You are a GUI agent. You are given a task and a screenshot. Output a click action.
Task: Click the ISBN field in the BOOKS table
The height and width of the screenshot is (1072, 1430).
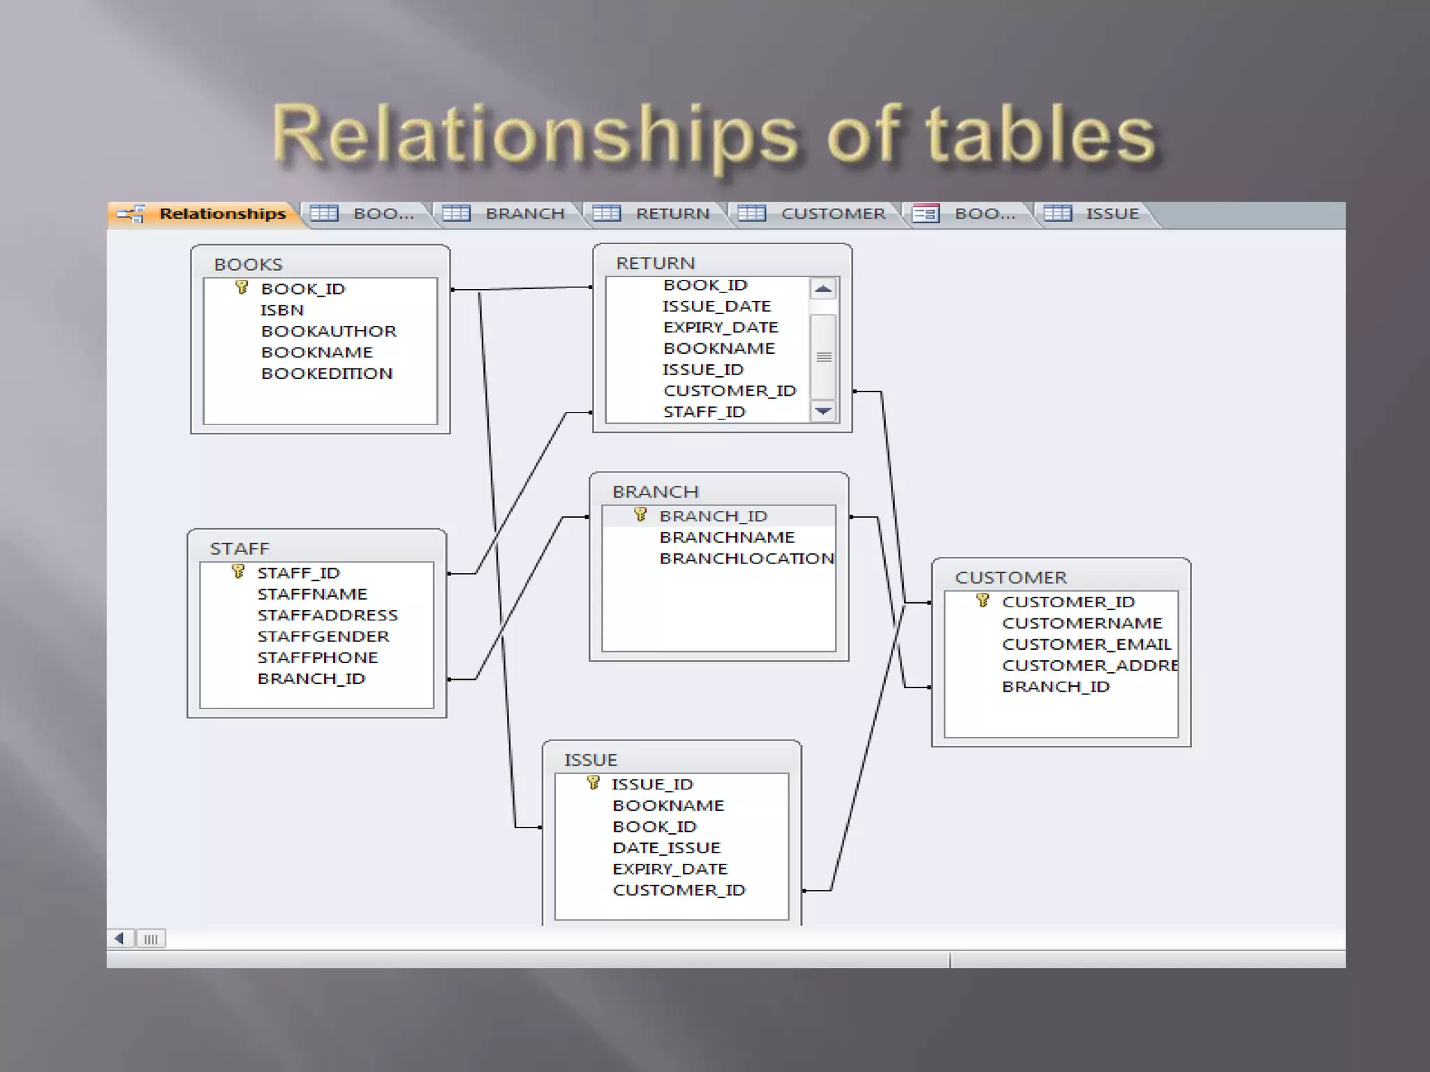click(x=282, y=310)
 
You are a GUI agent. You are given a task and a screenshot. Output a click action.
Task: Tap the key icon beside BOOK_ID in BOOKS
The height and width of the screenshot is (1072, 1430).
click(x=242, y=288)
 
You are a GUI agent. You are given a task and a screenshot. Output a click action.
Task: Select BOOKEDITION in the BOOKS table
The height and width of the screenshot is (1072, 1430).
click(x=327, y=373)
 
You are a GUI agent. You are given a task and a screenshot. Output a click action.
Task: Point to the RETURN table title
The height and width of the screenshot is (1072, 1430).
click(x=655, y=263)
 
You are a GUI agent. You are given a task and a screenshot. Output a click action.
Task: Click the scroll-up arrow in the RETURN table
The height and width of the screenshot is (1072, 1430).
click(x=823, y=289)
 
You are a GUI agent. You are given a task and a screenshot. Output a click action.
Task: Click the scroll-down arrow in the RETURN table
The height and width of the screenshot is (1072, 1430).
click(x=823, y=411)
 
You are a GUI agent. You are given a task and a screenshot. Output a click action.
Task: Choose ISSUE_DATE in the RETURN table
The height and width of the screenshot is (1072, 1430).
click(x=716, y=306)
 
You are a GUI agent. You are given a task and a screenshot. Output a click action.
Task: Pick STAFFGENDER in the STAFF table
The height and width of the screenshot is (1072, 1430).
click(x=323, y=636)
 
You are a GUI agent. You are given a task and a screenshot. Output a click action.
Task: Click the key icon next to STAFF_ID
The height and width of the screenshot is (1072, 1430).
click(x=238, y=572)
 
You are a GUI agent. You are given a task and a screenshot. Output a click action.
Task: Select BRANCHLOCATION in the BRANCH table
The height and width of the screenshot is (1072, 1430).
click(x=746, y=558)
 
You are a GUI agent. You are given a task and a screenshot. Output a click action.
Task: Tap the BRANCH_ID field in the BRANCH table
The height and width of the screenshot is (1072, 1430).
click(x=713, y=516)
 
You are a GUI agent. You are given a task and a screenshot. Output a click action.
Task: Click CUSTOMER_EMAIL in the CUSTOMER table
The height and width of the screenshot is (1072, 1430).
click(x=1086, y=644)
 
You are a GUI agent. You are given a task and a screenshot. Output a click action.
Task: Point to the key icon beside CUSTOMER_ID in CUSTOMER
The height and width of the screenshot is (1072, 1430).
click(x=982, y=601)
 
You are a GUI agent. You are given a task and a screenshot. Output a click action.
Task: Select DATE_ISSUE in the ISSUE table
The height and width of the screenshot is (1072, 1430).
click(x=666, y=848)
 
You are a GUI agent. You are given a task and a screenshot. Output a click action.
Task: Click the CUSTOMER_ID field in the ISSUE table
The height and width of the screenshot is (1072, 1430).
click(x=679, y=891)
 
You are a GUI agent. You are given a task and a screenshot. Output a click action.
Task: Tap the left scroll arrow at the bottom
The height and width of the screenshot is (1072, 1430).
click(x=119, y=939)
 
